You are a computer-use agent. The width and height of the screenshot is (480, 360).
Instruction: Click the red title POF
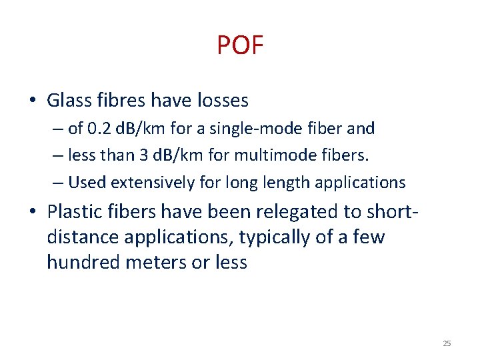(x=240, y=45)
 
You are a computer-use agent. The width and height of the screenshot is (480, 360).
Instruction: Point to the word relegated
(x=278, y=212)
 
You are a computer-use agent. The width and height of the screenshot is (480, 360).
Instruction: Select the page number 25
(x=447, y=343)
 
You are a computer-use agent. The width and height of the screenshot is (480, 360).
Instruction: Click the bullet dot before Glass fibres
(x=33, y=101)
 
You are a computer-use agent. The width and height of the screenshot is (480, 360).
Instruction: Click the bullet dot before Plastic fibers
(x=33, y=213)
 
